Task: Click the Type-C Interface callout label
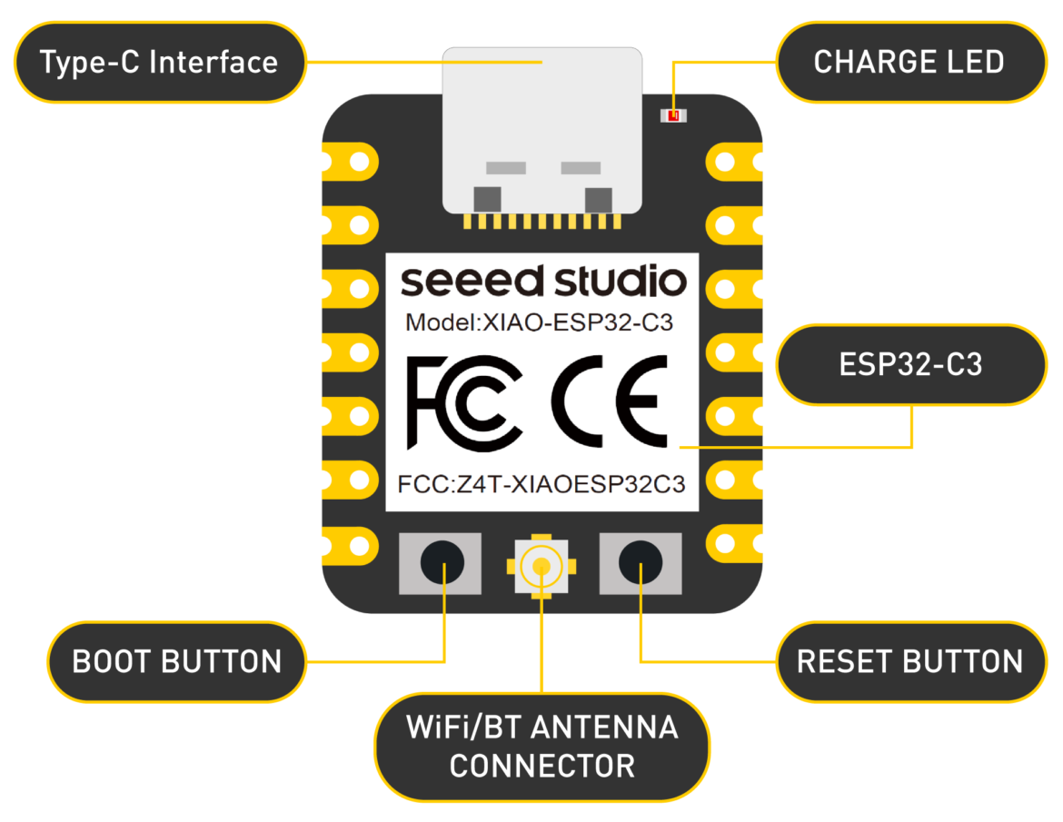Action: [159, 63]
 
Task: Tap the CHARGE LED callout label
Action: [909, 63]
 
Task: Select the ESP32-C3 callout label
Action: [910, 364]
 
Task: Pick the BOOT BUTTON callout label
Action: [177, 661]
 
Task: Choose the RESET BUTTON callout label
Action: [909, 661]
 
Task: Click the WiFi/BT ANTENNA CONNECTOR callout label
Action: [541, 746]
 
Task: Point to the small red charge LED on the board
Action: [673, 116]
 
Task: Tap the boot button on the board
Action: [442, 563]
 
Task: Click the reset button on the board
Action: [640, 563]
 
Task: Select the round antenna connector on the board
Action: [541, 567]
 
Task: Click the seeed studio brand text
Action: [542, 282]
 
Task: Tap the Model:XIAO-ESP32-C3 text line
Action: [540, 322]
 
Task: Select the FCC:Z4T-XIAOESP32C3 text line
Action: [541, 483]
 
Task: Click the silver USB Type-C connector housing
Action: [542, 127]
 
